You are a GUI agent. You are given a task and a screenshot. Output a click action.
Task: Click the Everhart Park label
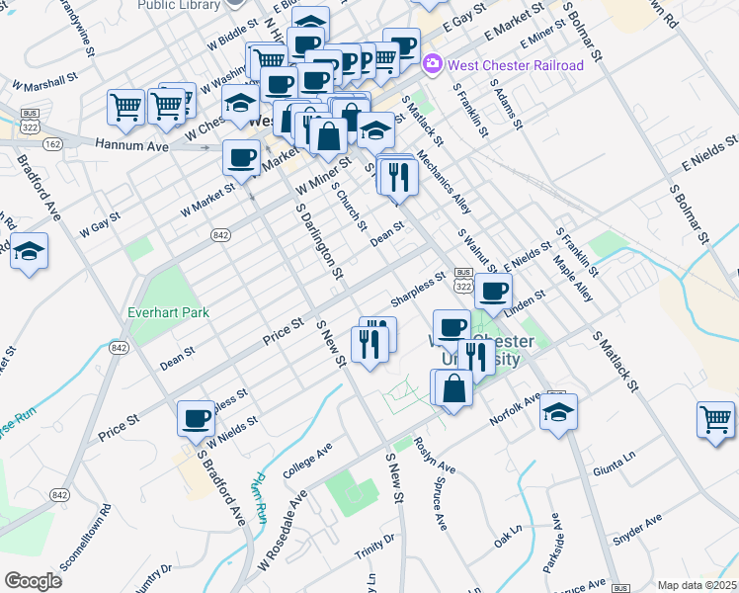(168, 312)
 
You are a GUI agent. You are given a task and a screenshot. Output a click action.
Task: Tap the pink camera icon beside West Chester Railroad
(433, 64)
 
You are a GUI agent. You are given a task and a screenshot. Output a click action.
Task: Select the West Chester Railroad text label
(516, 65)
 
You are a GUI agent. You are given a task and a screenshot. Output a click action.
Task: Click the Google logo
(33, 580)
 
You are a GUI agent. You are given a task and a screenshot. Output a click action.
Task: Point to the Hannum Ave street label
(131, 144)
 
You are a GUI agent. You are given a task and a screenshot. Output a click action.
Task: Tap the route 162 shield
(51, 144)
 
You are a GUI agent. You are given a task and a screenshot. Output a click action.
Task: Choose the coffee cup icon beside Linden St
(494, 290)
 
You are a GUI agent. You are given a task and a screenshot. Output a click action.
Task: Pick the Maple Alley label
(573, 281)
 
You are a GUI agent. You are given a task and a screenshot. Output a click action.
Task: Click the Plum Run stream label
(260, 498)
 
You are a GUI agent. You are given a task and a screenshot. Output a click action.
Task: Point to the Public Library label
(178, 5)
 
